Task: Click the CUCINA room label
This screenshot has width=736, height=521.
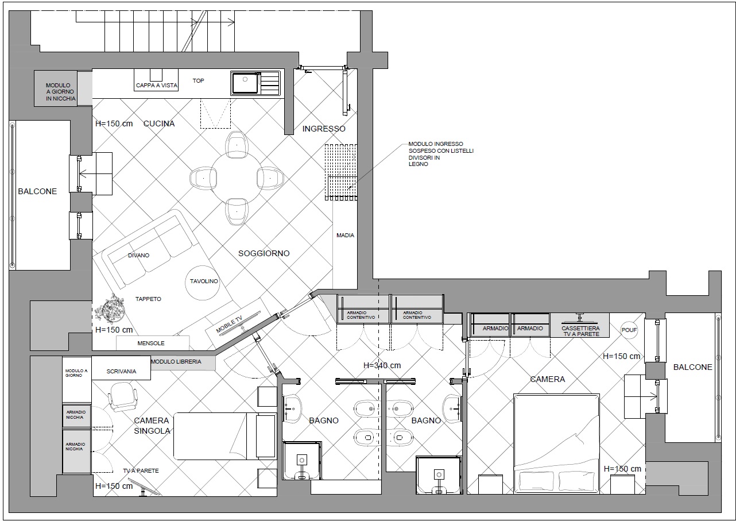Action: click(159, 124)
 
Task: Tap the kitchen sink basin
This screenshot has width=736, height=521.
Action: click(245, 83)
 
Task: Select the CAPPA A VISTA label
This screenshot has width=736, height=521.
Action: click(156, 86)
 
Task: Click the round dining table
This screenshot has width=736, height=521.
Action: click(236, 178)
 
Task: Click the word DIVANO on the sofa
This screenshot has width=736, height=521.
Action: click(139, 256)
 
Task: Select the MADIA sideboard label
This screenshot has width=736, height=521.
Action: click(346, 236)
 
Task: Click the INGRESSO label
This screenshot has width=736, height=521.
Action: click(324, 129)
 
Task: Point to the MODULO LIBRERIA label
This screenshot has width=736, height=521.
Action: click(176, 361)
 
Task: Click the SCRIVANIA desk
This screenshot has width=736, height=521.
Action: click(121, 368)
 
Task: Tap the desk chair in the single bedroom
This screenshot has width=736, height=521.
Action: click(122, 396)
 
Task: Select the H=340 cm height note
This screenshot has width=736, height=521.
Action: click(382, 365)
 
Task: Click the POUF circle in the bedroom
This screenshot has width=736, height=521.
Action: click(629, 330)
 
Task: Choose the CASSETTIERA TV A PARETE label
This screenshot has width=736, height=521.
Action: click(580, 331)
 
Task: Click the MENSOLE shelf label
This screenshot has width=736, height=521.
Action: click(151, 343)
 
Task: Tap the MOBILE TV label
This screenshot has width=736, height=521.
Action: click(229, 324)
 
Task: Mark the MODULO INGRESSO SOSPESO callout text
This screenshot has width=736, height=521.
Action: click(441, 154)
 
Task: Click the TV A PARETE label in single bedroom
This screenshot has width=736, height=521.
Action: click(141, 470)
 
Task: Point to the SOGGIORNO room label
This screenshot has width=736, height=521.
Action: click(264, 253)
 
